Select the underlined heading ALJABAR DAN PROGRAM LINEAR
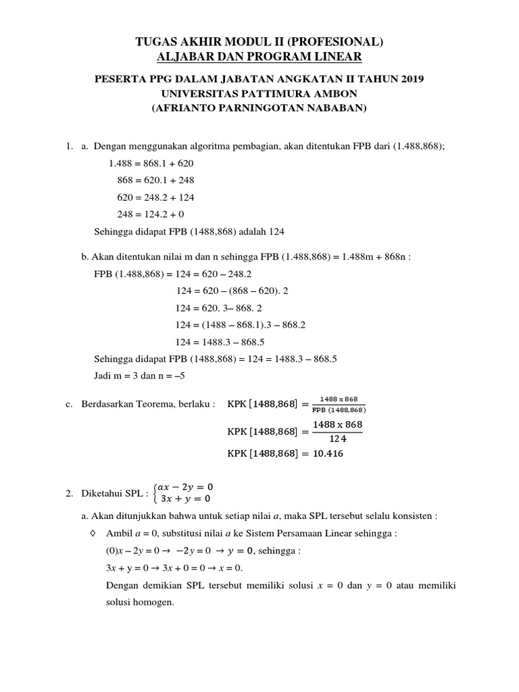pos(259,57)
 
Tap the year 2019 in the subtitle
pos(410,79)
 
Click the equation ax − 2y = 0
pos(189,487)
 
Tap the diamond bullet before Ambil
pos(93,533)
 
